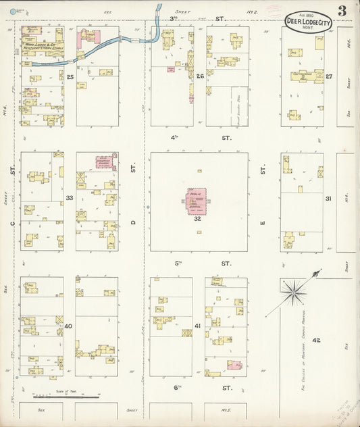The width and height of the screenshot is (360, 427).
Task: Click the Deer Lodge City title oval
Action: point(308,22)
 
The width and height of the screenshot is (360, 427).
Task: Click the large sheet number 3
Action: point(343,11)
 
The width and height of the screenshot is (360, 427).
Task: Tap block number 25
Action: point(70,76)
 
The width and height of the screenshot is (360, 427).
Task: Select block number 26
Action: point(199,76)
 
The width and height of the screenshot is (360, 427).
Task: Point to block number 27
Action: point(328,76)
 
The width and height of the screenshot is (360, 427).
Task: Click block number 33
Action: point(70,197)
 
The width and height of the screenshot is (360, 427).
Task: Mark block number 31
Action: point(328,199)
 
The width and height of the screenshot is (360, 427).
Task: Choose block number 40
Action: point(69,326)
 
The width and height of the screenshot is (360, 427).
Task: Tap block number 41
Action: point(198,326)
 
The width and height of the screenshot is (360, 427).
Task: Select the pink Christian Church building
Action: point(105,162)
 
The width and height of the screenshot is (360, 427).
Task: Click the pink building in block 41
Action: point(234,365)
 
